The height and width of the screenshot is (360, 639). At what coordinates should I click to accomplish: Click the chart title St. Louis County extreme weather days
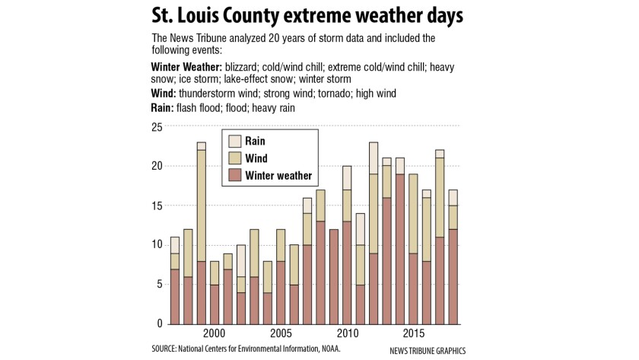click(x=319, y=15)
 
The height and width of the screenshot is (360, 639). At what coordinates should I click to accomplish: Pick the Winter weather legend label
click(x=278, y=176)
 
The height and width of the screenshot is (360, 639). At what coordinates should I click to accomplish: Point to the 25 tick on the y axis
click(x=157, y=126)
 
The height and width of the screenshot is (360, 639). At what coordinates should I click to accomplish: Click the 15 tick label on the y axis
click(x=157, y=205)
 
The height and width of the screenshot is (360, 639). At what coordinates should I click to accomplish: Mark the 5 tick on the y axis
click(x=160, y=284)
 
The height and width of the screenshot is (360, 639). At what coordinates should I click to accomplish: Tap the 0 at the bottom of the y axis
click(x=160, y=323)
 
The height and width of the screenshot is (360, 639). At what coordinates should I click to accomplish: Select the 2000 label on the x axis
click(x=214, y=334)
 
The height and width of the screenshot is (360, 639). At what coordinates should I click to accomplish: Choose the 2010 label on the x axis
click(x=348, y=334)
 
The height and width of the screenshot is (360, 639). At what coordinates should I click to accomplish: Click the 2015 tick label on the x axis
click(x=414, y=334)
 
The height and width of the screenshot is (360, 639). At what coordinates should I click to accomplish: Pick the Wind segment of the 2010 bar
click(x=347, y=205)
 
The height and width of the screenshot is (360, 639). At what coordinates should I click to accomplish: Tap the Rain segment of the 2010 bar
click(x=347, y=177)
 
